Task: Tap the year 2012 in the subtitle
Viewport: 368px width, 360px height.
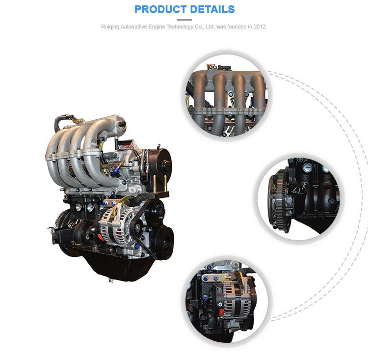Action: point(259,26)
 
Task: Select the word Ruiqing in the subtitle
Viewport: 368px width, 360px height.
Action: point(110,26)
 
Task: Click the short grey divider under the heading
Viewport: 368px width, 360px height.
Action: point(184,20)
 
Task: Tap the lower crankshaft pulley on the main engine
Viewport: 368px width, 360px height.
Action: point(161,241)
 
